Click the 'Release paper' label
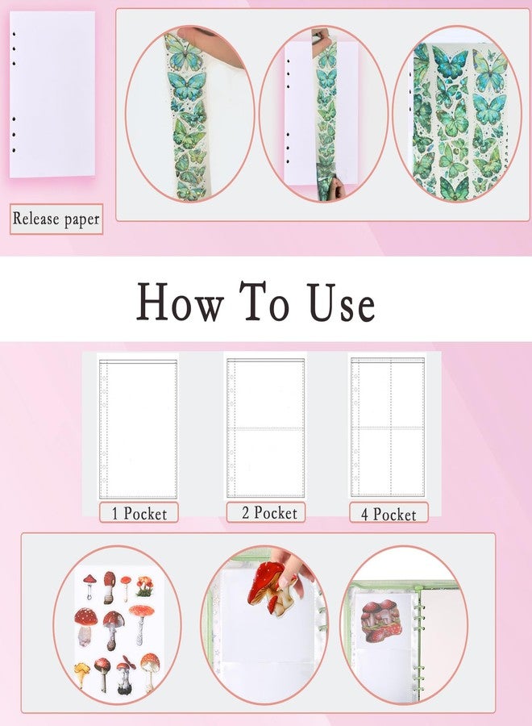click(x=56, y=219)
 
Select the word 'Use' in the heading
click(x=342, y=302)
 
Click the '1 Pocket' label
click(x=139, y=513)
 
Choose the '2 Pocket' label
click(x=266, y=512)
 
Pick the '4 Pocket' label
click(x=389, y=514)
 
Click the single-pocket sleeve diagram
click(x=138, y=429)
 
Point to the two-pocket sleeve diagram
click(x=265, y=428)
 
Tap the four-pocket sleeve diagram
click(x=388, y=427)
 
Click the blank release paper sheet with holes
click(x=52, y=94)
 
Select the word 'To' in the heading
click(x=265, y=302)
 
